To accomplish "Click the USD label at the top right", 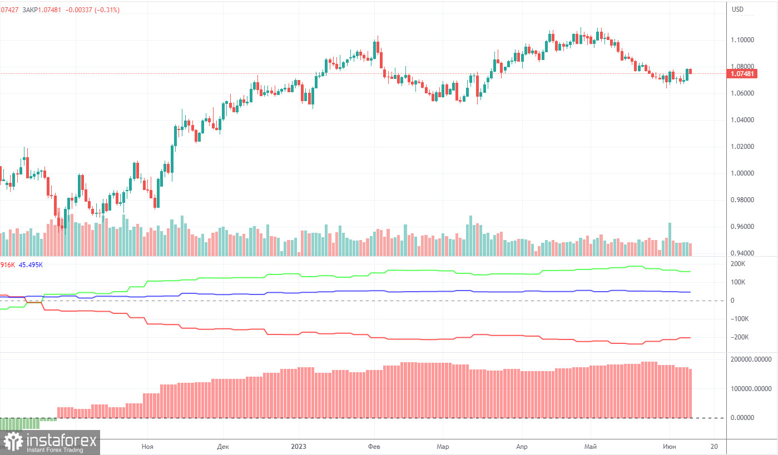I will [x=737, y=9].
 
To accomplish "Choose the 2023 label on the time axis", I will [x=299, y=446].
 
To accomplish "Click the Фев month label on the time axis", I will [x=374, y=446].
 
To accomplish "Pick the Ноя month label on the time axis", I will [x=147, y=446].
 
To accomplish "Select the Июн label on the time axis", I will [x=669, y=446].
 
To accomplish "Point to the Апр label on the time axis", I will [x=522, y=446].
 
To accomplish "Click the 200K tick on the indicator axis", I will [x=739, y=264].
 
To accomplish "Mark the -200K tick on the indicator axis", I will [x=740, y=337].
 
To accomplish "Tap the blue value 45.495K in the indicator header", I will [x=31, y=265].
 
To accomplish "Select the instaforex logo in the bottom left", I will [x=50, y=442].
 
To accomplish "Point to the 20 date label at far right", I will [x=715, y=446].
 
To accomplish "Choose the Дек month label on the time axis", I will [x=223, y=446].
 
